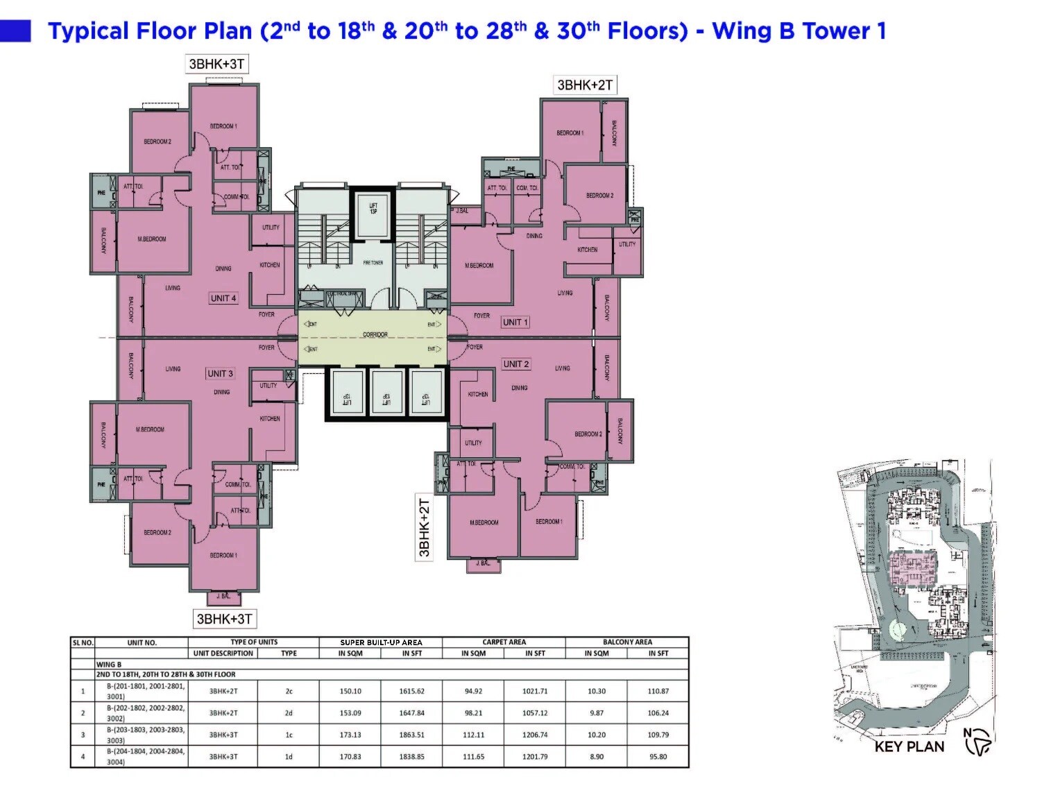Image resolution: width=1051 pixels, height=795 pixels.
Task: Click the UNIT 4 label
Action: [x=223, y=298]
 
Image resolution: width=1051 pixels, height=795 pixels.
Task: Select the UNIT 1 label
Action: [x=515, y=322]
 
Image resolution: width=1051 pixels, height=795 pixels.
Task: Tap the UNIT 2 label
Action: [x=515, y=364]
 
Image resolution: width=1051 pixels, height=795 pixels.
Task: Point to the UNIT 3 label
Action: [x=220, y=373]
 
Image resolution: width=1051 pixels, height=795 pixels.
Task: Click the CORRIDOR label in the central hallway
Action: [x=375, y=334]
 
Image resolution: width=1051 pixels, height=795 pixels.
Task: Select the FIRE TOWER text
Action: [x=373, y=263]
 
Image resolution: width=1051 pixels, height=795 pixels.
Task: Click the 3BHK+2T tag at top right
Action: [x=585, y=85]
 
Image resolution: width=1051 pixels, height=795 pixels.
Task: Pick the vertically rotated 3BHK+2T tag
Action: [x=425, y=528]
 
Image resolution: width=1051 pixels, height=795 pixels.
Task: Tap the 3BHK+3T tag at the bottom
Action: [x=224, y=619]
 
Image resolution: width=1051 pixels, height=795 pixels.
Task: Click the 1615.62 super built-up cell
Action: [x=411, y=691]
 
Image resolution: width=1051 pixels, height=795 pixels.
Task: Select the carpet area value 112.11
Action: [x=473, y=735]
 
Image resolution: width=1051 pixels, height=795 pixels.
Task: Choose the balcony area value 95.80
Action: [x=658, y=757]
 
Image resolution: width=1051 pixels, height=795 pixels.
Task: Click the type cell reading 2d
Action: [x=289, y=713]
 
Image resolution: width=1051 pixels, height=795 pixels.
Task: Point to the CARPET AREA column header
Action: [x=504, y=642]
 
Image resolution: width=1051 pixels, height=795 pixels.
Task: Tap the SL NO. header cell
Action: [x=83, y=643]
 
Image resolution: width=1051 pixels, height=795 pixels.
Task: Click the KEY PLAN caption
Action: [x=909, y=747]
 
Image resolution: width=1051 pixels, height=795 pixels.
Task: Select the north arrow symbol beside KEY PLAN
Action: [x=978, y=743]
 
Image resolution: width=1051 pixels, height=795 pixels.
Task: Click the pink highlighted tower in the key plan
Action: [x=912, y=569]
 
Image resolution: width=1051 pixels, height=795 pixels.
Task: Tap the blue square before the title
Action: [x=15, y=31]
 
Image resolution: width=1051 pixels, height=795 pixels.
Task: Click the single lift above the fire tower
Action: [x=373, y=211]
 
